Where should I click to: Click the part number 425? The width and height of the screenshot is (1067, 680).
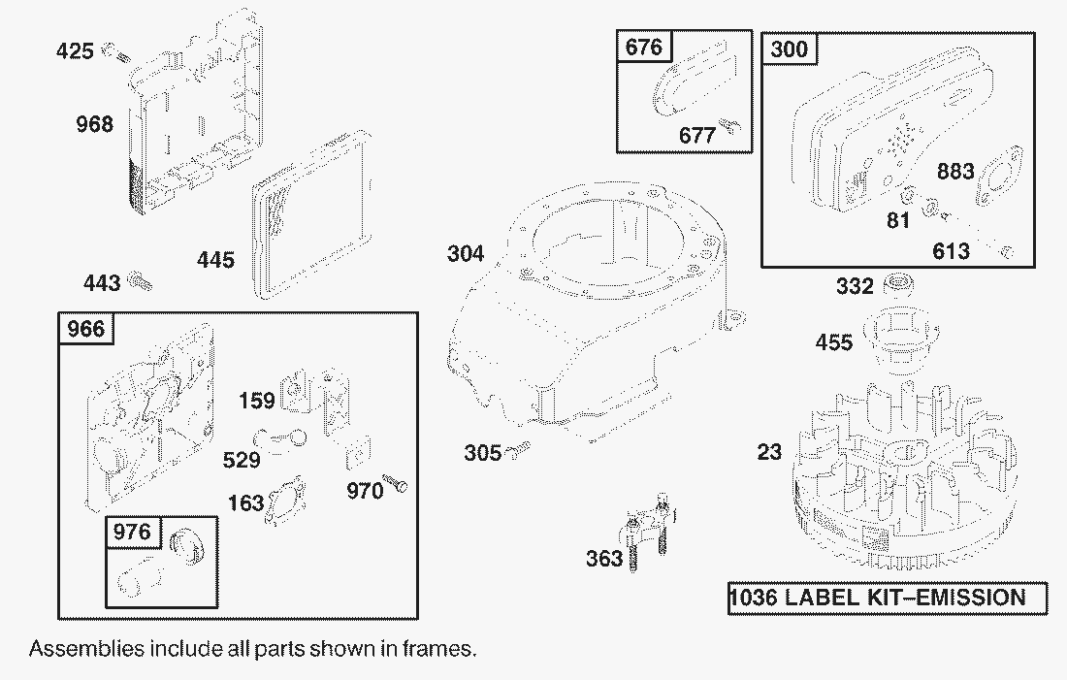[76, 49]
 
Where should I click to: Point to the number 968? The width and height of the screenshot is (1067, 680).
[95, 124]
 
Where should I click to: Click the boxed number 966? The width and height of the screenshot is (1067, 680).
[85, 330]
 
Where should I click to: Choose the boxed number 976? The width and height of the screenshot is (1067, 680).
[131, 532]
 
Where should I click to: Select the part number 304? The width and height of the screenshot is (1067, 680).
[467, 255]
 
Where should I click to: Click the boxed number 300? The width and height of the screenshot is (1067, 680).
[789, 49]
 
